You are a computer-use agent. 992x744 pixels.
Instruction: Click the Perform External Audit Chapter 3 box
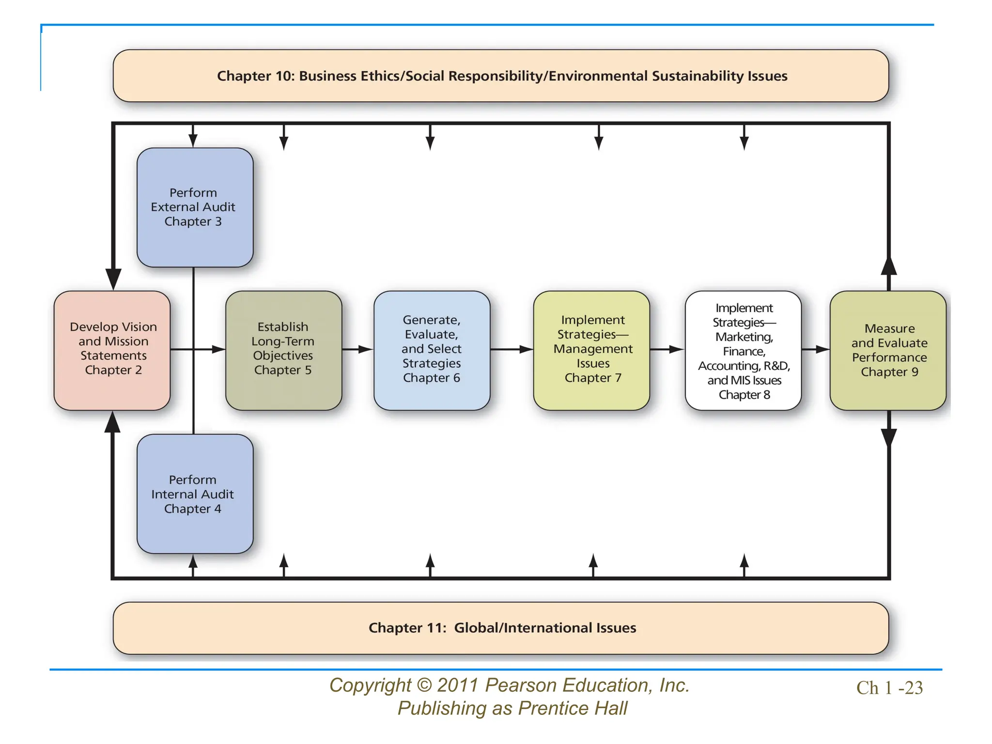click(x=195, y=207)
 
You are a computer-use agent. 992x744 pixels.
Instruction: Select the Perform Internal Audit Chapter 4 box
click(x=195, y=494)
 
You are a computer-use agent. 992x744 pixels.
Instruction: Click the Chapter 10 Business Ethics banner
click(x=501, y=76)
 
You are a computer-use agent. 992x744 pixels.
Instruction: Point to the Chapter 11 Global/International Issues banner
click(x=501, y=628)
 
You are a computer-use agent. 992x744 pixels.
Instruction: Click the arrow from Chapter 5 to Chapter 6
click(x=358, y=349)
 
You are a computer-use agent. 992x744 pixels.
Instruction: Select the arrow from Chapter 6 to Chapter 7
click(x=512, y=349)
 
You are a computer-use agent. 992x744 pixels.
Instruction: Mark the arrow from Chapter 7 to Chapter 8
click(x=667, y=349)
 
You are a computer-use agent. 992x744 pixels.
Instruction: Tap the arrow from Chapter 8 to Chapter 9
click(x=816, y=349)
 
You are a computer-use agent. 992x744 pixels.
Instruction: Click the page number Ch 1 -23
click(x=889, y=688)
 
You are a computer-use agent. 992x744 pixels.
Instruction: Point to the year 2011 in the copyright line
click(x=458, y=685)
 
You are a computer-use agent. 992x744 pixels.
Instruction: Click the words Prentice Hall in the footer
click(x=573, y=708)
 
